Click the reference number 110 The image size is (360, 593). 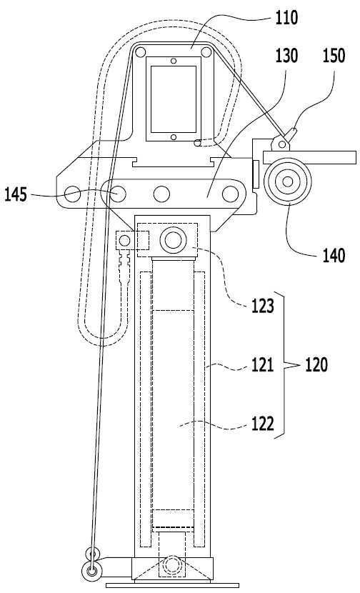coord(286,18)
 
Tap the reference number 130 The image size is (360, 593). coord(286,56)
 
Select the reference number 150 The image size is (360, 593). coord(334,56)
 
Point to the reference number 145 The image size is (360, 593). coord(16,195)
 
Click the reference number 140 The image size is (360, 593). coord(334,255)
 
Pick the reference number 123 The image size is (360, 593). coord(263,306)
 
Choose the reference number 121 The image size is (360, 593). coord(263,365)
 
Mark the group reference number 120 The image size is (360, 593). coord(316,365)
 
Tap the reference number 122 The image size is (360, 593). coord(263,424)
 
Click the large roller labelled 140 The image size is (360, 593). coord(288,182)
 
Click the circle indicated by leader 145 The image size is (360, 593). coord(118,194)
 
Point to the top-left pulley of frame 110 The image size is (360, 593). coord(140,52)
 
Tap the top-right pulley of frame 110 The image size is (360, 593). coord(206,52)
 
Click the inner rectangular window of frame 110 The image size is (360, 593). coord(174,99)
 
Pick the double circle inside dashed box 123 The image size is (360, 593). coord(173,240)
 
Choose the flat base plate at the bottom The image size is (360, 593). coord(172,585)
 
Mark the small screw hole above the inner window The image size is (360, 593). coord(174,61)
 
